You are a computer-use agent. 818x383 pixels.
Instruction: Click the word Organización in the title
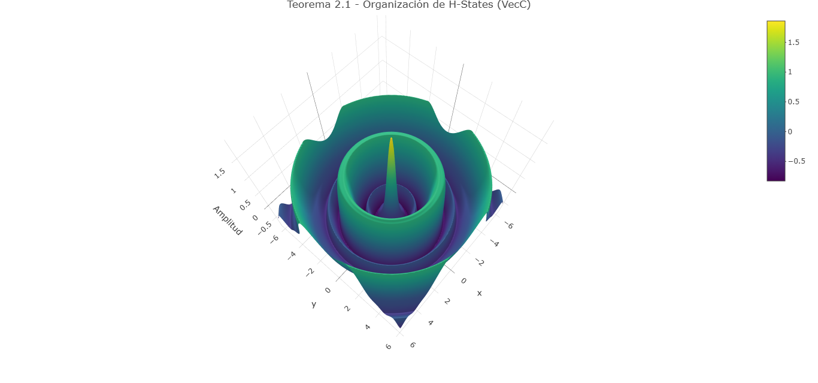pos(398,5)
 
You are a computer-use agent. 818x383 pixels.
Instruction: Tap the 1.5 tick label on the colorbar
pos(793,43)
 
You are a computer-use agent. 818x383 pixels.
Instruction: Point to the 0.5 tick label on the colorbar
pos(793,102)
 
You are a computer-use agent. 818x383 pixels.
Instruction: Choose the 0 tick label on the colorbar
pos(790,132)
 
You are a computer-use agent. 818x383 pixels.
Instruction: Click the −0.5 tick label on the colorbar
pos(796,161)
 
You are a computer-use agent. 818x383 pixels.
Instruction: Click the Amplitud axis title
pos(227,221)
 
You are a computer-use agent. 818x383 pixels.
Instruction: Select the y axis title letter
pos(314,304)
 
